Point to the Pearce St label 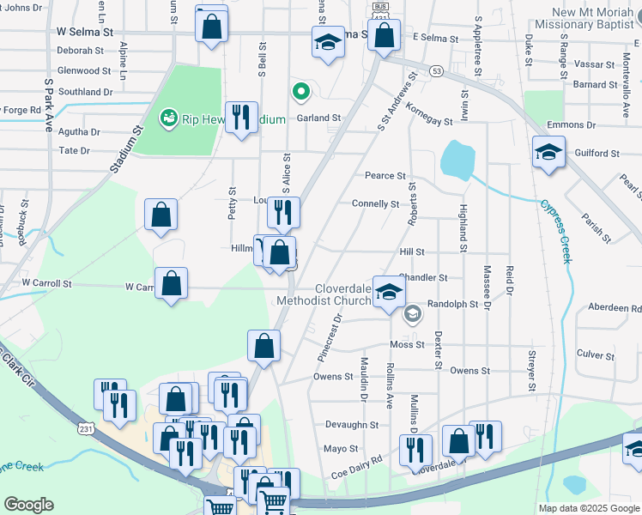(385, 176)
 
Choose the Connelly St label (375, 204)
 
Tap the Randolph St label (452, 304)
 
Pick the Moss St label (407, 345)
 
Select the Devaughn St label (352, 425)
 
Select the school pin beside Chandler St (390, 293)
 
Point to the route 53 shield (438, 72)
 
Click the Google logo (28, 505)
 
